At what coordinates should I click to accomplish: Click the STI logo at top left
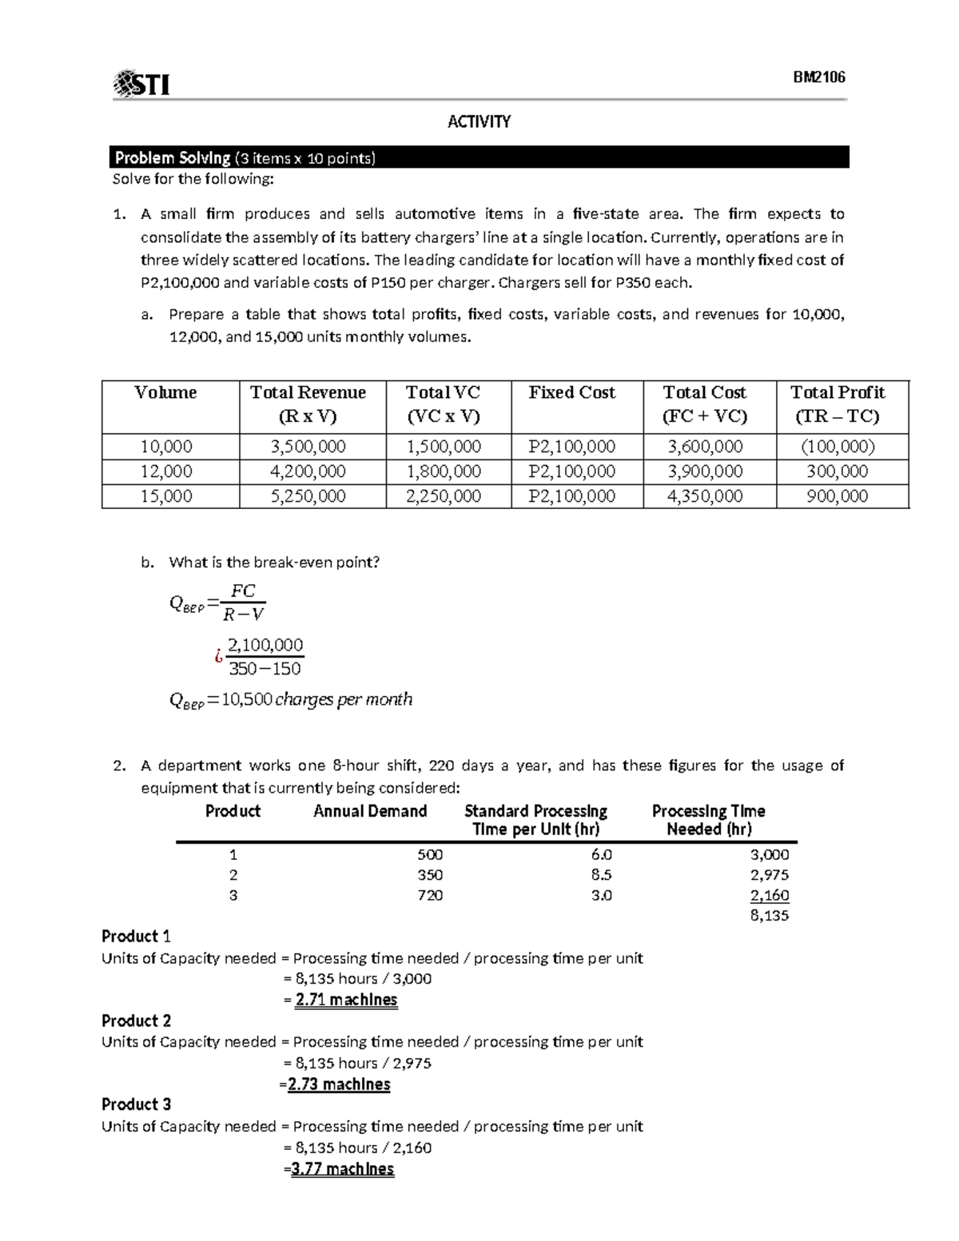141,83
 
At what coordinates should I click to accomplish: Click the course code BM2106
818,78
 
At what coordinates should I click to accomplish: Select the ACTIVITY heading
479,121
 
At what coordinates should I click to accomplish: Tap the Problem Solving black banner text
244,158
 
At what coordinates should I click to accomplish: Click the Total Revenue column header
308,404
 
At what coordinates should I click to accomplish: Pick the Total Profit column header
837,404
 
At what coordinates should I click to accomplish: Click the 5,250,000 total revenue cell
308,496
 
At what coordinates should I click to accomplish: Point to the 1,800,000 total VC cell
444,471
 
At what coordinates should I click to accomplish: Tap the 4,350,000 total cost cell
705,496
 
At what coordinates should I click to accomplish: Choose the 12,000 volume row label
166,471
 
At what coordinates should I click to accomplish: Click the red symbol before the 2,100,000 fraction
217,656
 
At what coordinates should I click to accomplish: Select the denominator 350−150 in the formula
265,669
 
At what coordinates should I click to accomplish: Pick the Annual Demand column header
370,811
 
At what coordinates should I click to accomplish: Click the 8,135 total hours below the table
769,916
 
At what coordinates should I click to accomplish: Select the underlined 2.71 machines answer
346,1000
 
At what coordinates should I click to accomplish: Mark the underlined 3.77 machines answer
342,1169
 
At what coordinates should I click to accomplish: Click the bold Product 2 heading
136,1020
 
